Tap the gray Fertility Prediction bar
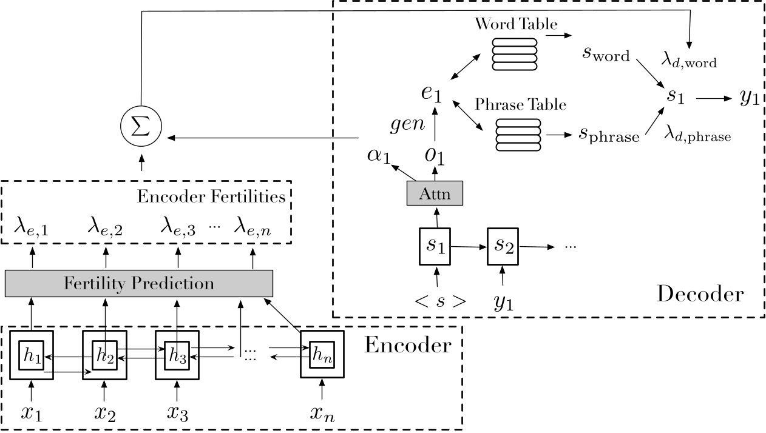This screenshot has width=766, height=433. pyautogui.click(x=139, y=283)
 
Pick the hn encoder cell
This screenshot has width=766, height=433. pyautogui.click(x=322, y=355)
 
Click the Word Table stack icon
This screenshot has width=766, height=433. pyautogui.click(x=514, y=52)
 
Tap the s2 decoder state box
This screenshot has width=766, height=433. pyautogui.click(x=503, y=246)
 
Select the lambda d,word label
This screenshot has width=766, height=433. pyautogui.click(x=688, y=60)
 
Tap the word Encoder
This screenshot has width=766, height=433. pyautogui.click(x=407, y=345)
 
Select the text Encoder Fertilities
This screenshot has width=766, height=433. pyautogui.click(x=211, y=196)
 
